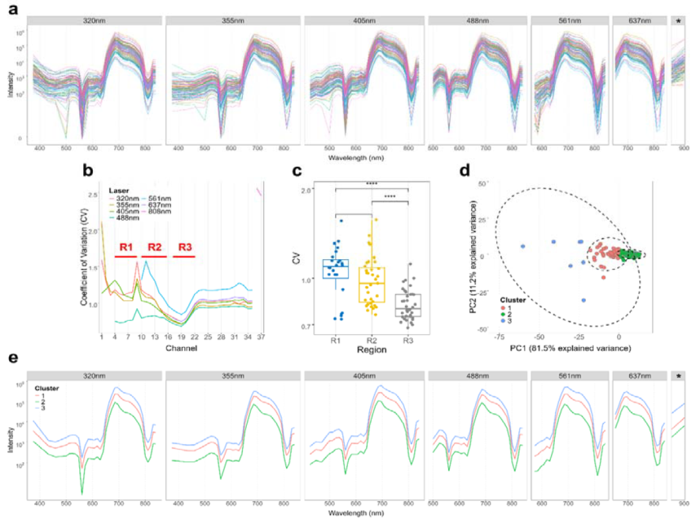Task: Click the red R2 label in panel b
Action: tap(155, 247)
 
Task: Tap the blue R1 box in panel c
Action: tap(336, 269)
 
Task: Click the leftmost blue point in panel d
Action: tap(523, 246)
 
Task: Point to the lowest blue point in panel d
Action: tap(583, 300)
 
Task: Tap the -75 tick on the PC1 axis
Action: tap(499, 337)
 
